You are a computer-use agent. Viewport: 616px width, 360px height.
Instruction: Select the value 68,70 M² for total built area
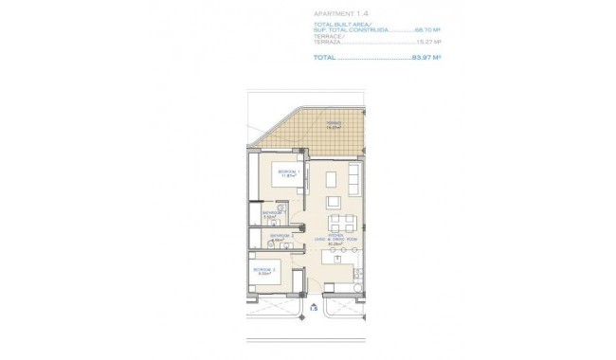pos(428,30)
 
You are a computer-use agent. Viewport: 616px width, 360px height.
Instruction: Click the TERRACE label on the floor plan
pos(333,122)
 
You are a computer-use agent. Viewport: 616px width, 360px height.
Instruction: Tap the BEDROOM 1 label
pos(289,171)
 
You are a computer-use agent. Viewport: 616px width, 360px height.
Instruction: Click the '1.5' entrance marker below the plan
pos(314,307)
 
